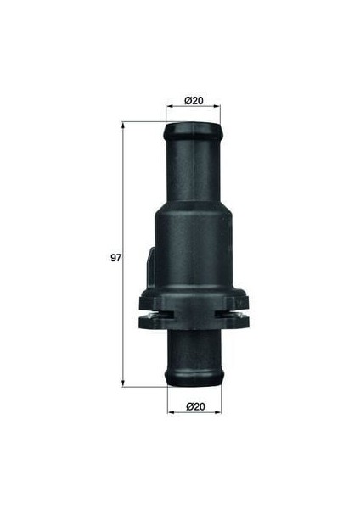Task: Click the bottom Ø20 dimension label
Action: pos(196,407)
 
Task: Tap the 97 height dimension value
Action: pos(116,255)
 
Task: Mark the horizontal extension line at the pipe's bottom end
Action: pos(149,386)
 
